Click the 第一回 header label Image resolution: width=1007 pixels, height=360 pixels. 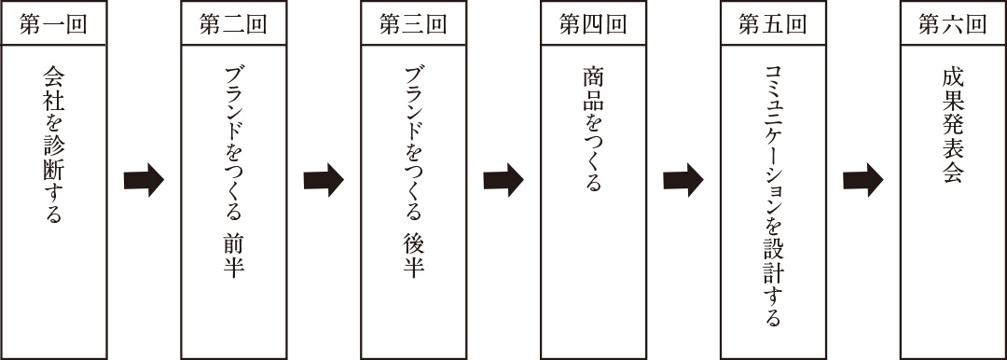tap(53, 24)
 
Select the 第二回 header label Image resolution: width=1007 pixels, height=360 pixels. tap(233, 24)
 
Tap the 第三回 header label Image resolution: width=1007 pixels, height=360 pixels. tap(413, 24)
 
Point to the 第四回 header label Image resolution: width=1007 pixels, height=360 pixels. tap(593, 24)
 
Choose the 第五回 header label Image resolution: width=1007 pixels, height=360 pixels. tap(773, 24)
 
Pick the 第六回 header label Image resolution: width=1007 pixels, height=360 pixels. tap(953, 24)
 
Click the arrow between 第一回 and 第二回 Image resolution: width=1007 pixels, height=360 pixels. tap(143, 179)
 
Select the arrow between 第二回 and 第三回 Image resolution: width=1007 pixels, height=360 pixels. tap(323, 179)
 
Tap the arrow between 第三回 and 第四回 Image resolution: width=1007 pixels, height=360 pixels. tap(503, 179)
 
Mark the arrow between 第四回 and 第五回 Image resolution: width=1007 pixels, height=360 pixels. tap(683, 179)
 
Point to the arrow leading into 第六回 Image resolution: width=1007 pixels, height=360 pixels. tap(862, 179)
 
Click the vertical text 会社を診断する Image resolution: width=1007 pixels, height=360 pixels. tap(53, 145)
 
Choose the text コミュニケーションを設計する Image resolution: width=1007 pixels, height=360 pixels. tap(773, 196)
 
